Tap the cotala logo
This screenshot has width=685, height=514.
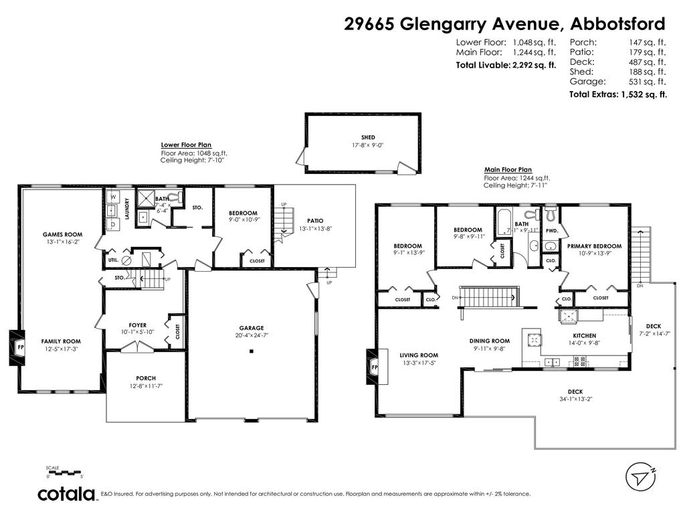(x=66, y=494)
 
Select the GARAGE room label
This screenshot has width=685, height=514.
(x=252, y=329)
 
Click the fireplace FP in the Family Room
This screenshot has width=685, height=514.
(x=21, y=347)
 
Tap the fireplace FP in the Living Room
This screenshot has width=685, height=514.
(x=375, y=367)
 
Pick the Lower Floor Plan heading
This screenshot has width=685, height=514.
(x=186, y=144)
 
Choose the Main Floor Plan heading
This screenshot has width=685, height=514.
(x=508, y=170)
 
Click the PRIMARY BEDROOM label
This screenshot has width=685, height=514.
(x=594, y=246)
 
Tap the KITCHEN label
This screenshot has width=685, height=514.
(x=584, y=336)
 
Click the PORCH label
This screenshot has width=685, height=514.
(x=146, y=378)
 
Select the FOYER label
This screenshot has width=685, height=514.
(x=138, y=325)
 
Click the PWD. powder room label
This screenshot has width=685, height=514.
(x=551, y=231)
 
